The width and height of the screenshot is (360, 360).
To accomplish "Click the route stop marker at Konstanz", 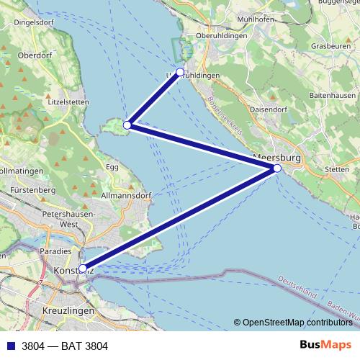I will tap(83, 268).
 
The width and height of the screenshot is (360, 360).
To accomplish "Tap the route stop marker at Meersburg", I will tap(277, 168).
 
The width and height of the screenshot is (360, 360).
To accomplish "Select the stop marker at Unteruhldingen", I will tap(180, 72).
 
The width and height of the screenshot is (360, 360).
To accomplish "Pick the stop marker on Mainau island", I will tap(127, 125).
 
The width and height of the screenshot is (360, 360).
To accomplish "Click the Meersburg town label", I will tap(276, 156).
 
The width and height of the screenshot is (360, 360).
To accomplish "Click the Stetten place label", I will tap(337, 170).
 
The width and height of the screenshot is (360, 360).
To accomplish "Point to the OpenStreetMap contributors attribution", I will tap(297, 323).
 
